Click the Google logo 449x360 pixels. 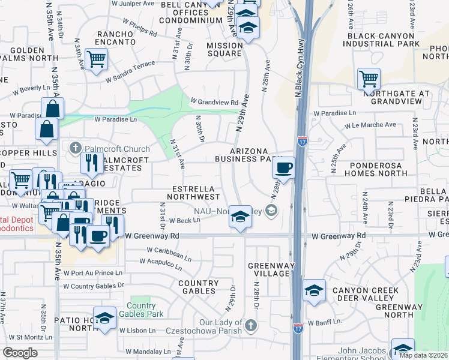[20, 353]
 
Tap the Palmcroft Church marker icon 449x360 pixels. [75, 147]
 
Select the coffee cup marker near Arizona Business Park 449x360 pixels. [283, 167]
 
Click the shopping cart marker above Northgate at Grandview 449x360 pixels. [369, 79]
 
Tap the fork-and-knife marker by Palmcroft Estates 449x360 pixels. [91, 162]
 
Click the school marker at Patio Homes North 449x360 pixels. [104, 317]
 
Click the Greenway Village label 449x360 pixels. [268, 269]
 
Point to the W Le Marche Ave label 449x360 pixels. [370, 125]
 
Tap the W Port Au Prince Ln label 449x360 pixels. [93, 273]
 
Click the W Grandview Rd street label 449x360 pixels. [214, 101]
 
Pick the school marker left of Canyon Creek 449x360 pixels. [313, 290]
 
